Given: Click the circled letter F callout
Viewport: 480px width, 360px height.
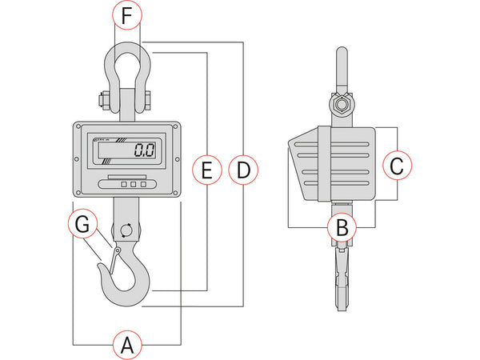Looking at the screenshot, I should pos(128,15).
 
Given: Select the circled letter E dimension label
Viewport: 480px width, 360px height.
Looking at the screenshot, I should pos(207,170).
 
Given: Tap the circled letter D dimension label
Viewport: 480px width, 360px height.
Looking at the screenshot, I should pos(242,170).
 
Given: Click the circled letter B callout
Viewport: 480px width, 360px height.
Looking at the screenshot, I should pos(342,227).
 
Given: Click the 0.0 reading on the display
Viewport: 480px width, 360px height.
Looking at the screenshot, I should pos(144,150).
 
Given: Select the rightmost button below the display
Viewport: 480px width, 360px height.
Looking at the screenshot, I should pos(144,184).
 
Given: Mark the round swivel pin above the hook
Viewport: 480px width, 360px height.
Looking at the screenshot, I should pos(126,231).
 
